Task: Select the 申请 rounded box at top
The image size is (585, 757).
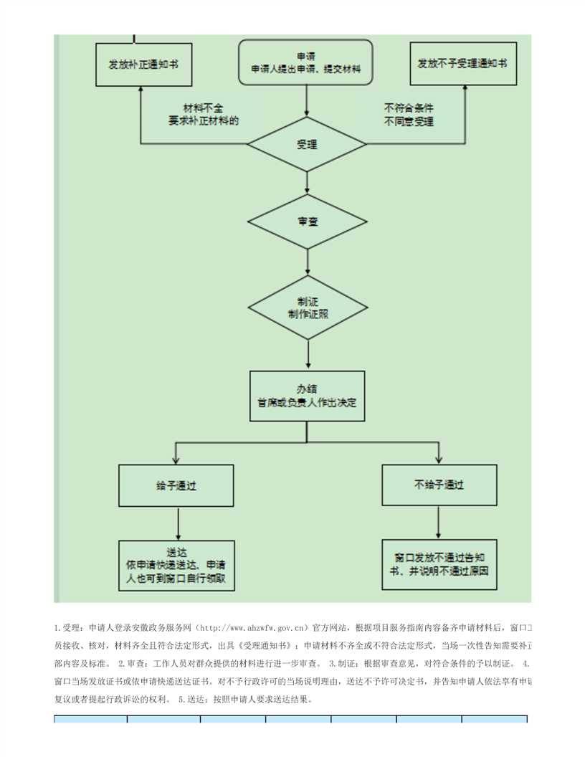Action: click(306, 63)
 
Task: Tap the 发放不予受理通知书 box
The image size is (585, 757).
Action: click(462, 64)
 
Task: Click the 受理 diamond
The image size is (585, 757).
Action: click(307, 145)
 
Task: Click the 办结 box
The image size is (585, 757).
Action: click(307, 396)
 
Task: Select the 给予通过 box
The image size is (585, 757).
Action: click(176, 486)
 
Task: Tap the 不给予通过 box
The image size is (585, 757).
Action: click(439, 485)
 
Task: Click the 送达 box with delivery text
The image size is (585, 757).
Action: click(176, 566)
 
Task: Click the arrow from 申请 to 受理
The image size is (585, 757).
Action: click(307, 100)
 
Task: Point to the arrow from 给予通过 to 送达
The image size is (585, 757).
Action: click(176, 523)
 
